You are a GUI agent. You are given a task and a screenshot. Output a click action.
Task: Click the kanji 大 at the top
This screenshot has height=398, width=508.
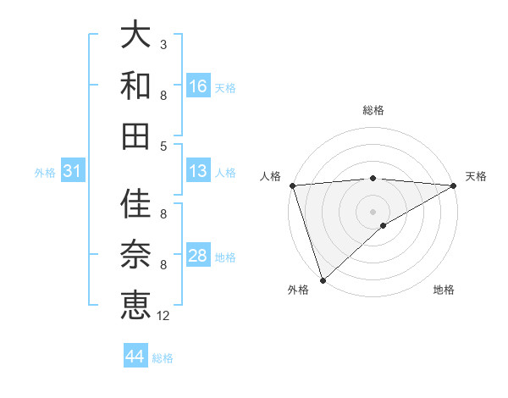[136, 36]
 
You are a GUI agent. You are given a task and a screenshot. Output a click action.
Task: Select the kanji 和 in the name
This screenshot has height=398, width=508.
[136, 86]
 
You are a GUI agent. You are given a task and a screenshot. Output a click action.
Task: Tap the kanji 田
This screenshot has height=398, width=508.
[136, 135]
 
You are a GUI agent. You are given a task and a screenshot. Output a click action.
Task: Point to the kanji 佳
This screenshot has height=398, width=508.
[136, 205]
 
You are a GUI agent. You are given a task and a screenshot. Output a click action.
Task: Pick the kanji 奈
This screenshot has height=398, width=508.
[136, 255]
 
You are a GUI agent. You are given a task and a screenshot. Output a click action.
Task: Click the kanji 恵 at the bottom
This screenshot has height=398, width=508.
[136, 304]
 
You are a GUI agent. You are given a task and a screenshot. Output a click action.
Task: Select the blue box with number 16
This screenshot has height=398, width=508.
[198, 86]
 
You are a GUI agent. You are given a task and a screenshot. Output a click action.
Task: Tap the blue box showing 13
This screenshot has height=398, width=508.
[198, 172]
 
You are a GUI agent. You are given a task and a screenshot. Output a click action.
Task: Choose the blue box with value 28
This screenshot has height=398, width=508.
[198, 256]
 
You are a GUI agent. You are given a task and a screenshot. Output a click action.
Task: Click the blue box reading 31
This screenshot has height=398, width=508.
[73, 172]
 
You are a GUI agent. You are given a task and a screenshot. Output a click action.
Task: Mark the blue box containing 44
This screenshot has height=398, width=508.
[135, 357]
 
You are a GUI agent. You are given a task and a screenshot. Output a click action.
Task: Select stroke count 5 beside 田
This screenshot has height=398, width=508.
[163, 146]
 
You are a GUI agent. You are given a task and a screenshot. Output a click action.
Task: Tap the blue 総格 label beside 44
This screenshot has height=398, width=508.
[163, 358]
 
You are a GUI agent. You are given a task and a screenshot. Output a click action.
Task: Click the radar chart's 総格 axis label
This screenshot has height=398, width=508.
[373, 110]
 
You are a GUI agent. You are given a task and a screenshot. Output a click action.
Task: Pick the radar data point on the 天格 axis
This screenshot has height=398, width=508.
[454, 185]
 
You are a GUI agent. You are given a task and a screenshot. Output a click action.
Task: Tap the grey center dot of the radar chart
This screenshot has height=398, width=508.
[373, 211]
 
